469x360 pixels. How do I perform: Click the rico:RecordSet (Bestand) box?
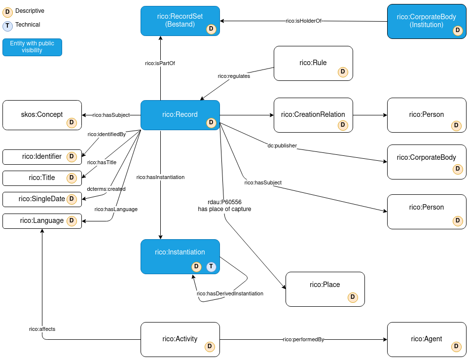click(x=180, y=21)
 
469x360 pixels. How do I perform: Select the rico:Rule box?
click(x=313, y=63)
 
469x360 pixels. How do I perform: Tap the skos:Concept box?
click(x=42, y=115)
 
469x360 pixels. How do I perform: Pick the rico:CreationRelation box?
click(x=313, y=115)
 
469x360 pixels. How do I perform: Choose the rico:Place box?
click(x=325, y=289)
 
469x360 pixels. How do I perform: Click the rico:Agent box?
click(x=427, y=339)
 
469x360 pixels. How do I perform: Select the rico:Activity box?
click(x=180, y=339)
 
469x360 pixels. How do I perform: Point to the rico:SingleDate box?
click(x=42, y=199)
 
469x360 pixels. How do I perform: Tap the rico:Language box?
click(x=42, y=221)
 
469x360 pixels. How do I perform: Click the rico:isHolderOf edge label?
click(x=304, y=21)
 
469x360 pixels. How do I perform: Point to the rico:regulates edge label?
click(x=234, y=76)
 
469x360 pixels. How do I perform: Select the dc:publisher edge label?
click(x=282, y=146)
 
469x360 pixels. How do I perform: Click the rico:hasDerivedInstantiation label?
click(x=230, y=294)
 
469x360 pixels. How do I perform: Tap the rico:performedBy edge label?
click(x=303, y=340)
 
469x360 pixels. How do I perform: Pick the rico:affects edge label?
click(x=42, y=329)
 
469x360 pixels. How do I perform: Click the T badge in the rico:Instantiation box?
click(x=211, y=267)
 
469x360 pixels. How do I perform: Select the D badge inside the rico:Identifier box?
click(x=72, y=157)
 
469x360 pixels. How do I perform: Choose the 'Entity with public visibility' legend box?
click(x=32, y=47)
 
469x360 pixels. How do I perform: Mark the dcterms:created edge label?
click(x=106, y=189)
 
